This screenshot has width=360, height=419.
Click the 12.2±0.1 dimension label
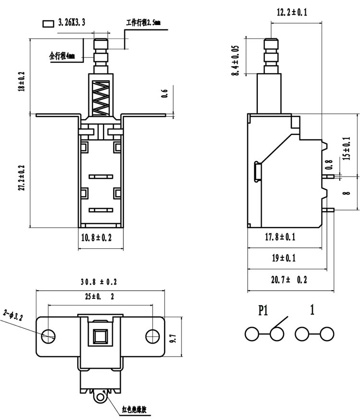[292, 12]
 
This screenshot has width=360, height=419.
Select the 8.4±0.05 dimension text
[235, 61]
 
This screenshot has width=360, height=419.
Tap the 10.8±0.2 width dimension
[96, 237]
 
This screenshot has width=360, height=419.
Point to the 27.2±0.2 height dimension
[21, 178]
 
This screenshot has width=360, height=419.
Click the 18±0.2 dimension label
[21, 82]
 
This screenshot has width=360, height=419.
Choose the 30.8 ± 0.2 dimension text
[99, 282]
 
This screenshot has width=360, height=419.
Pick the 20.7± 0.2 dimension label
[289, 280]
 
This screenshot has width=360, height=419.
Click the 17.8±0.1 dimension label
[280, 237]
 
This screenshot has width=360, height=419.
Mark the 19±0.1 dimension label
[284, 258]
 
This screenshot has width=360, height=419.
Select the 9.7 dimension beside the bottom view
[173, 338]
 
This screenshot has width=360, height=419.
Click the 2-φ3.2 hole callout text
[13, 315]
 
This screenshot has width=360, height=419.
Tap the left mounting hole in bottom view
[48, 336]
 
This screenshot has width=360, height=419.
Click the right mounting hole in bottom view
[152, 336]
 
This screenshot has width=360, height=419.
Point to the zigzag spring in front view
[101, 98]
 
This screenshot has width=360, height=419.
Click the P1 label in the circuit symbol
[263, 310]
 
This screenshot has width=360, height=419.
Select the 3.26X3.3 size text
[72, 23]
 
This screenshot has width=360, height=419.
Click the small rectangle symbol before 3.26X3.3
[48, 24]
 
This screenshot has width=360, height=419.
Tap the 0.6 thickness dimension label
[165, 93]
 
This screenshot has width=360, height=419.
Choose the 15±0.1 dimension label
[346, 148]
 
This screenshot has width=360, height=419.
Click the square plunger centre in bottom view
[100, 336]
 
